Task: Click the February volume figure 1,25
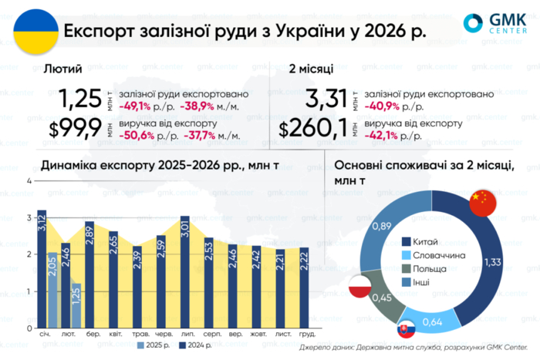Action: [81, 99]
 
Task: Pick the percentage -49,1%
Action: [137, 106]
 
